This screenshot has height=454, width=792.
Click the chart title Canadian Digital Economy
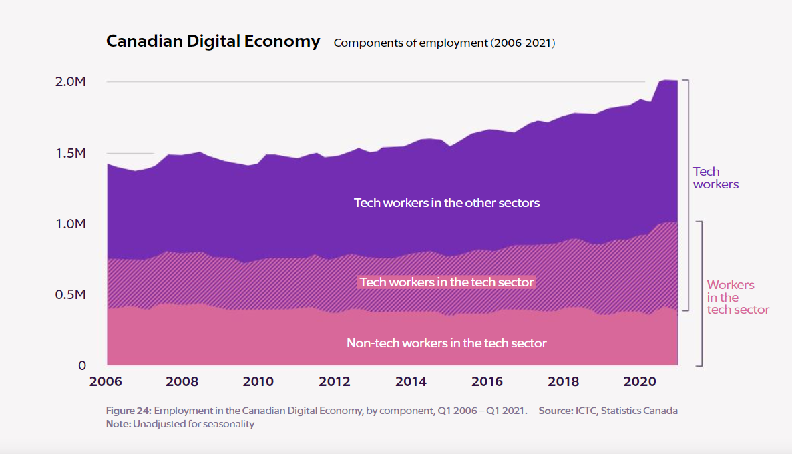tap(213, 41)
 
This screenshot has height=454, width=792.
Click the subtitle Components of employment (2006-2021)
tap(444, 43)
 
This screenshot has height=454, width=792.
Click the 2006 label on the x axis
tap(106, 382)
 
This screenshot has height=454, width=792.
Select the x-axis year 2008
tap(182, 382)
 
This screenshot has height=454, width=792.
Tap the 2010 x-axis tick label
tap(258, 382)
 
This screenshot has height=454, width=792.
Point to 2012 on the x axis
tap(335, 382)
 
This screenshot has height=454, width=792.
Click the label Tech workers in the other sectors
tap(446, 202)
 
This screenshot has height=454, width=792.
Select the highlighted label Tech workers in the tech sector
tap(446, 282)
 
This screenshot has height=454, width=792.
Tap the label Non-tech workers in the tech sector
tap(446, 343)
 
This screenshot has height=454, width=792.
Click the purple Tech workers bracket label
tap(715, 178)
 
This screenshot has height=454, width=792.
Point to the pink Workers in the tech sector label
tap(737, 298)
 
